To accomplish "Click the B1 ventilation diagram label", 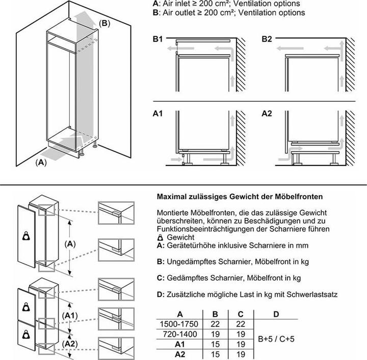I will (158, 39).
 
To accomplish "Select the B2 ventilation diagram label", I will (267, 39).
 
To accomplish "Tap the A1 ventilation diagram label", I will (158, 114).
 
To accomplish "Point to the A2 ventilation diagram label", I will (267, 114).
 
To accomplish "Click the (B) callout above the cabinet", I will (103, 23).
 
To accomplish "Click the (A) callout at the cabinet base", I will (41, 163).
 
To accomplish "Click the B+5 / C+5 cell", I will (276, 338).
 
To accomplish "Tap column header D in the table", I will (276, 314).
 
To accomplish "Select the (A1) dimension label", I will (70, 316).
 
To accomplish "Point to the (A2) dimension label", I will (70, 344).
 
